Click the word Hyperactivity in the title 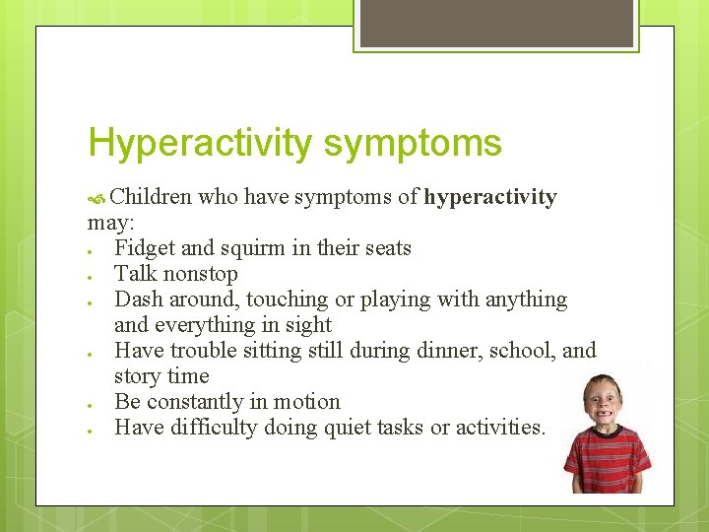[200, 144]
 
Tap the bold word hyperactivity [490, 197]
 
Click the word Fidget [145, 248]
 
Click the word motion [306, 402]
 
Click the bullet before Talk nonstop [91, 275]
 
